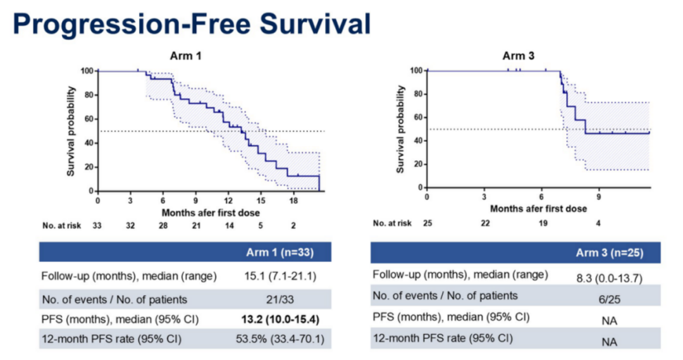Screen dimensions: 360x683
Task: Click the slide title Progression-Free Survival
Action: pos(192,23)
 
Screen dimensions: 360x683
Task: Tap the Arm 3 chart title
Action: pos(519,56)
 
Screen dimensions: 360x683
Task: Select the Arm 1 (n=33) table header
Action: pos(279,253)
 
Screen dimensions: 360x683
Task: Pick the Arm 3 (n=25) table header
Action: pos(608,253)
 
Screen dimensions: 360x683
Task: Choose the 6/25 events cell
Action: pos(608,297)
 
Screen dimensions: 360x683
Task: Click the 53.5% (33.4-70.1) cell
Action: pos(279,340)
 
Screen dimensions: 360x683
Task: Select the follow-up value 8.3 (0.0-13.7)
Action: pos(608,277)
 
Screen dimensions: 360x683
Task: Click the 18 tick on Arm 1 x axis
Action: pos(293,201)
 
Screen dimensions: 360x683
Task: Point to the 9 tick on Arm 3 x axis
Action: pos(598,197)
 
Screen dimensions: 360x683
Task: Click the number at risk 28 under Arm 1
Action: pos(163,225)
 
